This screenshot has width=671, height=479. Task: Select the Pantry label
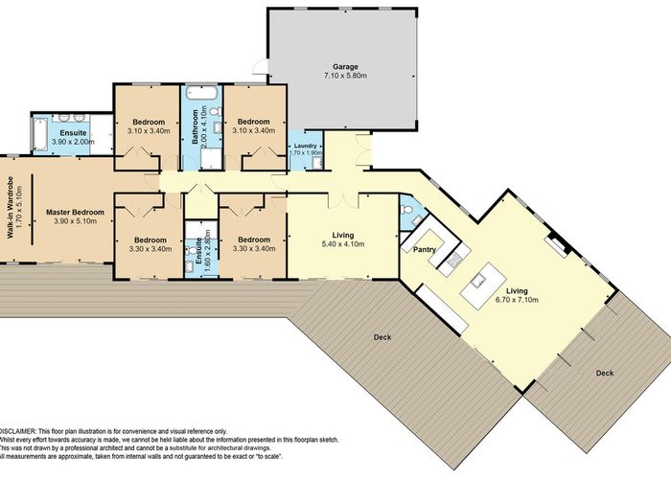(x=424, y=250)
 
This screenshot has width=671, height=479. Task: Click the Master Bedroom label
(x=75, y=212)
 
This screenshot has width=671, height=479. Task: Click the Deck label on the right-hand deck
(x=604, y=373)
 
